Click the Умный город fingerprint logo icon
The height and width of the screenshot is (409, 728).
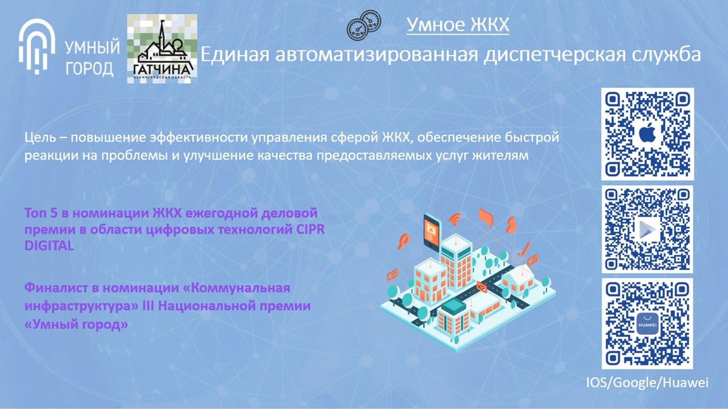pos(36,47)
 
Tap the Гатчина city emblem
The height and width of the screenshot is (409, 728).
pos(162,49)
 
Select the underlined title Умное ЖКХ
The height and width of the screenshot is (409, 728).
pos(458,24)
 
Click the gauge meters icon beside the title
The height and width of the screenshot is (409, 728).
pos(363,26)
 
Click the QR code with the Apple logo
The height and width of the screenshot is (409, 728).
pos(647,134)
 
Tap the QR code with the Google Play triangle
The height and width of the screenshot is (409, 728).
pos(647,229)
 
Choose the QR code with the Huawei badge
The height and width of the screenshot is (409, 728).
pos(647,324)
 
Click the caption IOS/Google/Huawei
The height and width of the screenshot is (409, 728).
pos(647,383)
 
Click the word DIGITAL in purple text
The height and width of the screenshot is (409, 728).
pos(49,246)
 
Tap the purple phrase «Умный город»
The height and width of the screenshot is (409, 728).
pos(76,324)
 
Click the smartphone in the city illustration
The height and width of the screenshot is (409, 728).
pos(432,232)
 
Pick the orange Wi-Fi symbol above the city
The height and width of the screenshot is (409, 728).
pos(456,219)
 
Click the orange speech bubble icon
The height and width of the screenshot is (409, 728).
pos(486,218)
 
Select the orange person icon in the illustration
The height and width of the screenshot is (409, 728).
pos(511,224)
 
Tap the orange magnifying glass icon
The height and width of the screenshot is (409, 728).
pos(404,241)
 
